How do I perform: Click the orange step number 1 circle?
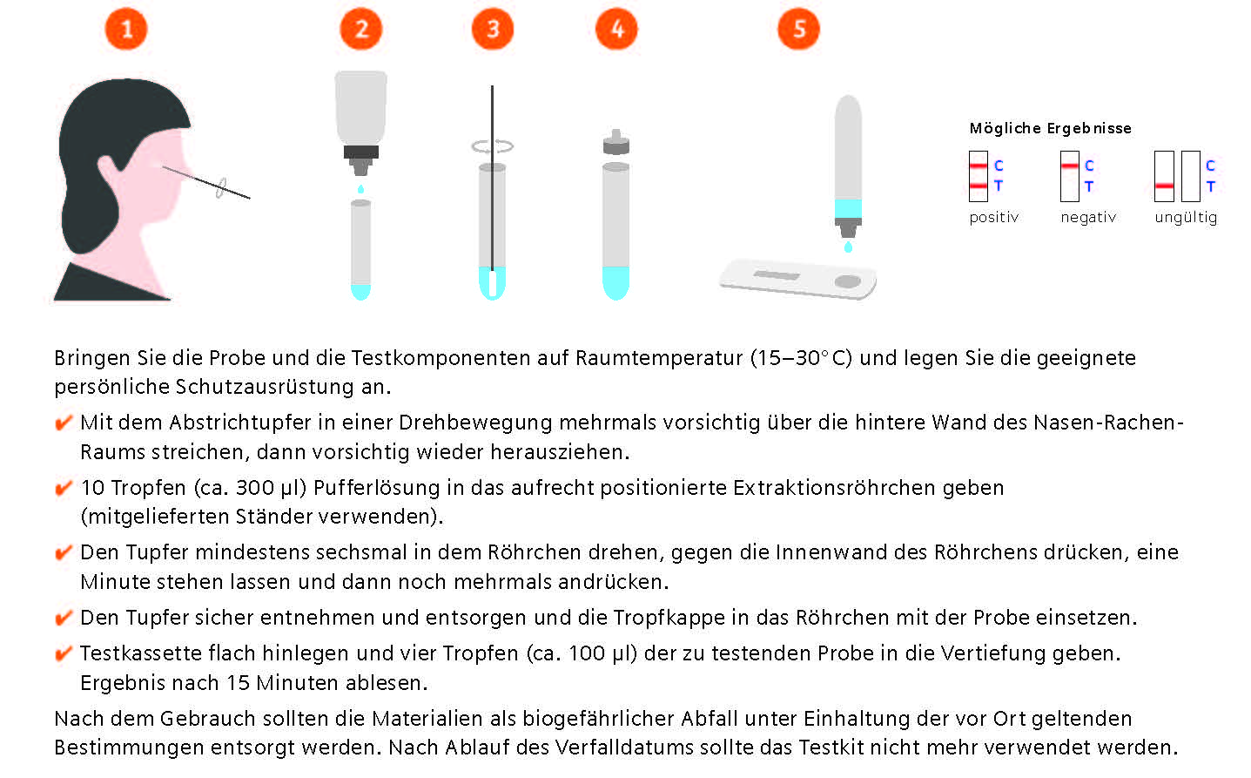(x=126, y=29)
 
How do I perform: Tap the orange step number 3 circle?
(x=493, y=29)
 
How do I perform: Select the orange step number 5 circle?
(x=798, y=29)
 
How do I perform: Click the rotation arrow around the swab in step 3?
(x=493, y=146)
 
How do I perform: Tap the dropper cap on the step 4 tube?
(x=616, y=143)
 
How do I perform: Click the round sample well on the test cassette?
(x=847, y=281)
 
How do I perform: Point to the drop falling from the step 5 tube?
(x=848, y=247)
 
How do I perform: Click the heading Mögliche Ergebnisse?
(x=1050, y=129)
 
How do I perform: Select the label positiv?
(x=993, y=218)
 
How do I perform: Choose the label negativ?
(x=1088, y=218)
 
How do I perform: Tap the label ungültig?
(x=1186, y=218)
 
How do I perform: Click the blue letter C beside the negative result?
(x=1089, y=166)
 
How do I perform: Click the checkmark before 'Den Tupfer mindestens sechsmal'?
(x=63, y=553)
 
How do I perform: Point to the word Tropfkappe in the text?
(x=669, y=618)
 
